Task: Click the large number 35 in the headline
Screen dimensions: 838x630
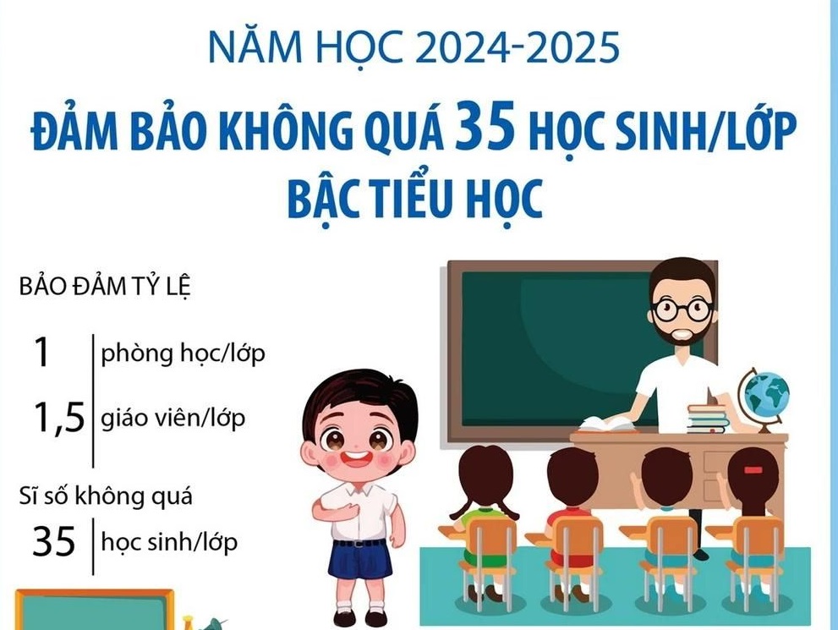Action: click(485, 127)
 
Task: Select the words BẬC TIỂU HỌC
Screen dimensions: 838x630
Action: click(415, 199)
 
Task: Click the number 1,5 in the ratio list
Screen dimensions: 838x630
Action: click(59, 418)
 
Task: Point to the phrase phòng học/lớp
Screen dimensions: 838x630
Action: click(183, 353)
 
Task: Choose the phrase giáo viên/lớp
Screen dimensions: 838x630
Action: click(173, 418)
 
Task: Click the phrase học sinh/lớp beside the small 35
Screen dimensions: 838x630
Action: click(169, 542)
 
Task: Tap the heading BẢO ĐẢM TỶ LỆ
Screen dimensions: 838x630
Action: click(105, 287)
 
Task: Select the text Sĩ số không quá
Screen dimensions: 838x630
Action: click(106, 496)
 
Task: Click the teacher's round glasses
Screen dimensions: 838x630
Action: click(682, 310)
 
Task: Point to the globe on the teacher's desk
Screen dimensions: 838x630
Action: click(764, 398)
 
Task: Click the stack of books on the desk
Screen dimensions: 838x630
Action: click(708, 418)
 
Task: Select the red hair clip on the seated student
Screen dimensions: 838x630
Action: click(753, 470)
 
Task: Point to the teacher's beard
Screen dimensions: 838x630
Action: click(680, 334)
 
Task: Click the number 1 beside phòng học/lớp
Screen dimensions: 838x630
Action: click(41, 353)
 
